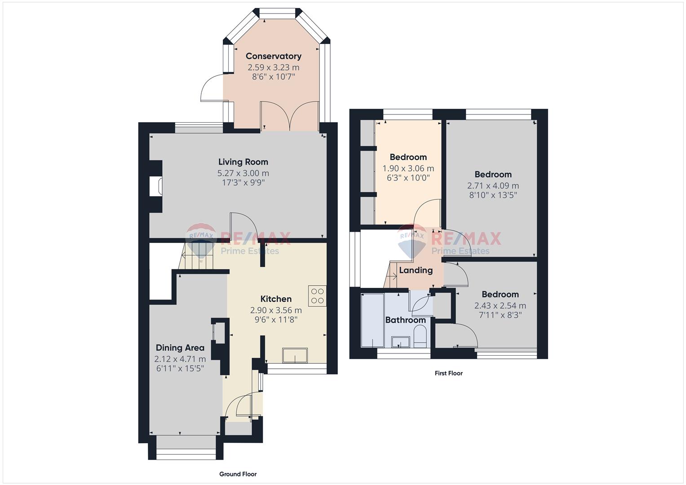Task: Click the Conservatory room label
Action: coord(274,56)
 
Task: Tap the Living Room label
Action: coord(243,162)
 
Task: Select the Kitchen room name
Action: coord(276,299)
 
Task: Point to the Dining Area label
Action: coord(180,348)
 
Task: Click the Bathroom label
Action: coord(406,320)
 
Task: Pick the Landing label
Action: coord(416,270)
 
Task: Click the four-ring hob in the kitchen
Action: coord(317,296)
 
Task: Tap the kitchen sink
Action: coord(295,355)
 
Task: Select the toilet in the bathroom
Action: coord(420,336)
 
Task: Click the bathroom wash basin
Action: coord(401,342)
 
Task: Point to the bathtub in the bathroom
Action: coord(372,320)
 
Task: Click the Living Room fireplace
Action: coord(156,185)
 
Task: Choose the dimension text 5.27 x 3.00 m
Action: coord(243,173)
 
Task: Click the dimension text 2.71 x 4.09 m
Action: coord(493,186)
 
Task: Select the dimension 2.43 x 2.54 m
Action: coord(500,305)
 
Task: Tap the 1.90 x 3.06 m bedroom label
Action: coord(408,168)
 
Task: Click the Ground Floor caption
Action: coord(238,474)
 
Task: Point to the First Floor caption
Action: coord(449,373)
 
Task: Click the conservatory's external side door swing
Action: coord(211,87)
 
